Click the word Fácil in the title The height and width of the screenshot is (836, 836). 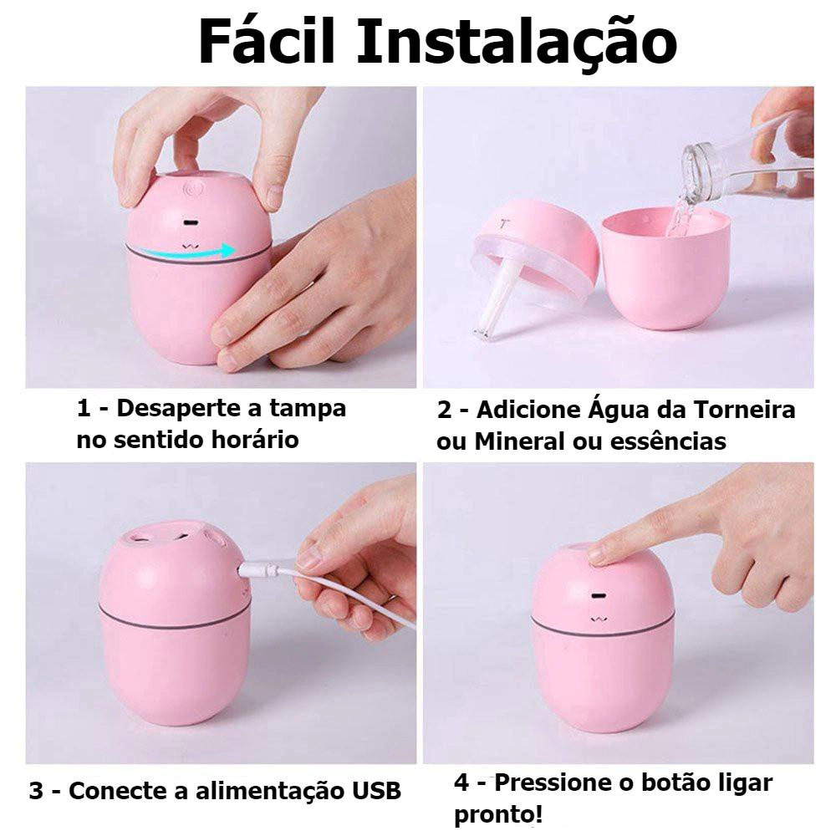coord(267,42)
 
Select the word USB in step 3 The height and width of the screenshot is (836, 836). coord(375,791)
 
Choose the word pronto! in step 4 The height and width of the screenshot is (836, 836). coord(498,815)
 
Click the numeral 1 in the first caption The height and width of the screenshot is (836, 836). coord(84,410)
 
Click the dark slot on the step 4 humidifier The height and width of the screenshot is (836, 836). coord(599,595)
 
